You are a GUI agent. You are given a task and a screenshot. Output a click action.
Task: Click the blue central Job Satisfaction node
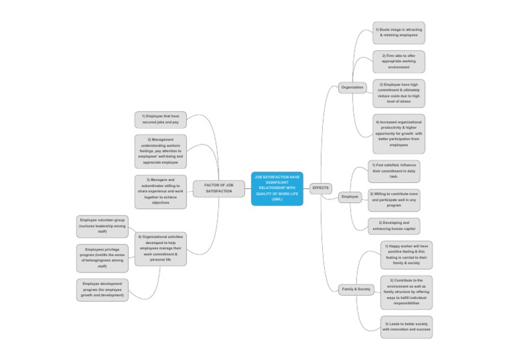(277, 188)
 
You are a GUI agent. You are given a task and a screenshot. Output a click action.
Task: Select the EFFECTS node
(320, 188)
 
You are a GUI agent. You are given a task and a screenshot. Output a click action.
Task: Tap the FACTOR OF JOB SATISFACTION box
(219, 188)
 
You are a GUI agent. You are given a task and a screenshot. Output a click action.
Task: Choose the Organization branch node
(352, 88)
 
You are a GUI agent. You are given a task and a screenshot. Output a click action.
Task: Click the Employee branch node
(349, 197)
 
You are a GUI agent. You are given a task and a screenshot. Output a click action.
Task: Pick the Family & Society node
(356, 289)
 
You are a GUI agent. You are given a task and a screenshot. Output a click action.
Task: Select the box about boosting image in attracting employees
(398, 32)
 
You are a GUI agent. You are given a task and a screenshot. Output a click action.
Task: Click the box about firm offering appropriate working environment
(398, 62)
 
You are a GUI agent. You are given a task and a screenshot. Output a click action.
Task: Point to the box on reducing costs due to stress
(398, 93)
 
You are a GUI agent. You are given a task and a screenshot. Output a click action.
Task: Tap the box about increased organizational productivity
(398, 133)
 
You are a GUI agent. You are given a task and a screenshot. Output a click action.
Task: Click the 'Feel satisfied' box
(394, 171)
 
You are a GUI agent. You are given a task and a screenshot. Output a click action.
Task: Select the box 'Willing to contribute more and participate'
(394, 199)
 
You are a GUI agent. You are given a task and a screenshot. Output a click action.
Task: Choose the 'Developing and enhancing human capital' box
(394, 225)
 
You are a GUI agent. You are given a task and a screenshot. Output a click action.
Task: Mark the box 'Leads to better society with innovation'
(406, 326)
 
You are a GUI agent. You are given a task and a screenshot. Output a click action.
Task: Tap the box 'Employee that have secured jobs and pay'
(160, 119)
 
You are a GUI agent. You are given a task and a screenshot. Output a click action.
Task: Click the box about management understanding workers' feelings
(160, 151)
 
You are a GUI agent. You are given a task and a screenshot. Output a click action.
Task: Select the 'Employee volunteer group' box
(102, 225)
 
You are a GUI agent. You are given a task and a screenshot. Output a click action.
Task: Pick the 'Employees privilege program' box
(102, 258)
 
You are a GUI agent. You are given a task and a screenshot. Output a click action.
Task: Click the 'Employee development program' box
(102, 289)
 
